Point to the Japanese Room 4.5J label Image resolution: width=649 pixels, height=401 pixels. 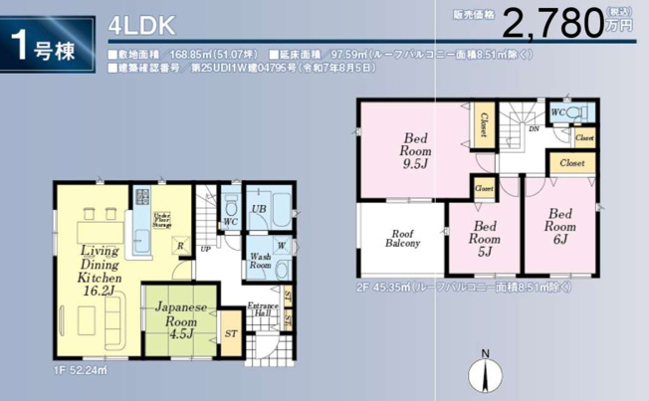click(180, 320)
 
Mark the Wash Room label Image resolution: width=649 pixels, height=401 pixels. click(261, 260)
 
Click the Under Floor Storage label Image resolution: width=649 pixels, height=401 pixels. click(163, 219)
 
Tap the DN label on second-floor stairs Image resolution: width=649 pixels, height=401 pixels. click(534, 129)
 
